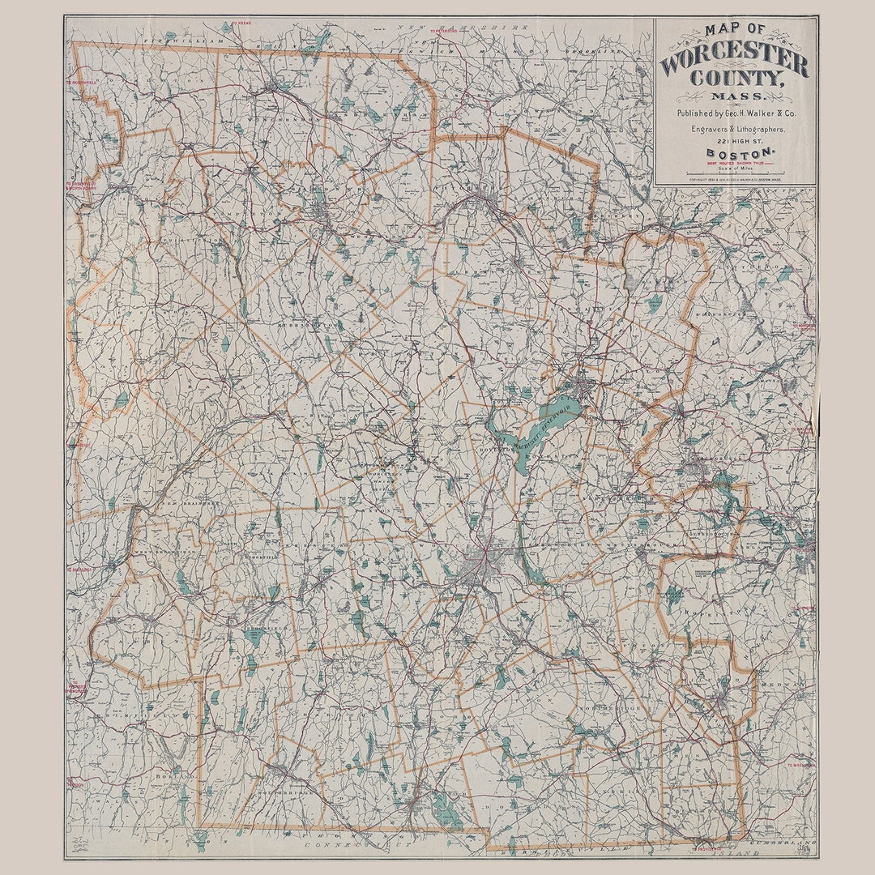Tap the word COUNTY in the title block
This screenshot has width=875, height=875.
pyautogui.click(x=735, y=81)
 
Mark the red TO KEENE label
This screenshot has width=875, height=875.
pyautogui.click(x=241, y=23)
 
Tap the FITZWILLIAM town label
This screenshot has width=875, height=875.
pyautogui.click(x=172, y=39)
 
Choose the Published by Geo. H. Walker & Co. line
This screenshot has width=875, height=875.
pyautogui.click(x=736, y=114)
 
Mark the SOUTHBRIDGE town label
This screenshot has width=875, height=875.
pyautogui.click(x=280, y=792)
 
